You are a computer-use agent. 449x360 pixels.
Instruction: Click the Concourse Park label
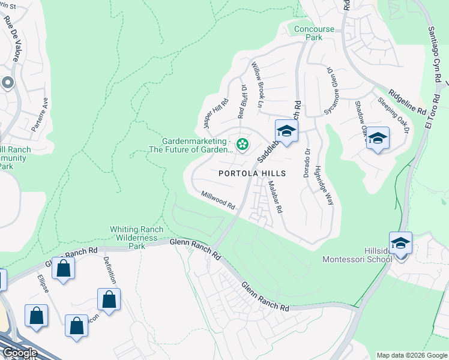(x=316, y=33)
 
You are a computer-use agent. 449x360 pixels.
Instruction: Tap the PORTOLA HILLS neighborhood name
(x=252, y=173)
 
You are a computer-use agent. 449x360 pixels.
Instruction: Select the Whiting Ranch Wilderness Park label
(x=136, y=238)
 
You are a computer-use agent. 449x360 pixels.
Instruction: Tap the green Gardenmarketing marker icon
(x=243, y=143)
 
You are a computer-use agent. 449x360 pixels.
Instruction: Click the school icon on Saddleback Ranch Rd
(x=286, y=131)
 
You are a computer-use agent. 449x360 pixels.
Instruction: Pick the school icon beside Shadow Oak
(x=378, y=139)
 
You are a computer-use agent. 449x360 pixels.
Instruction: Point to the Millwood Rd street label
(x=218, y=200)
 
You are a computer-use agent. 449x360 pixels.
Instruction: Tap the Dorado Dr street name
(x=307, y=161)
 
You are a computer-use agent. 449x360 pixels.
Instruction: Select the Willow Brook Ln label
(x=258, y=84)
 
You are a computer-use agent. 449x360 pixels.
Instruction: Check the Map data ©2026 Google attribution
(x=412, y=355)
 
